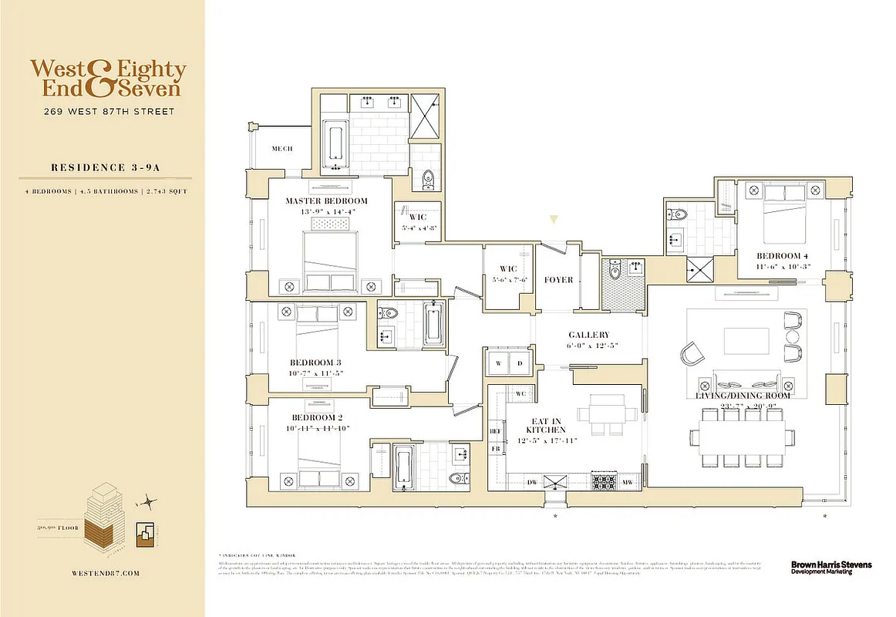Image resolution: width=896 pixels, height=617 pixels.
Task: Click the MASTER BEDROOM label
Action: (x=326, y=201)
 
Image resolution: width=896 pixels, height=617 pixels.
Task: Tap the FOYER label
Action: (x=558, y=279)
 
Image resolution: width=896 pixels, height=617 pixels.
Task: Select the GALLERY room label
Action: (x=588, y=335)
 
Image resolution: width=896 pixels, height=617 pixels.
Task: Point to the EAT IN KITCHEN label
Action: (x=546, y=424)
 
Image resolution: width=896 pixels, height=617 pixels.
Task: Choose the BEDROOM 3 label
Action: (x=315, y=362)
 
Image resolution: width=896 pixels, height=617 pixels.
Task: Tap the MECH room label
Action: (x=282, y=150)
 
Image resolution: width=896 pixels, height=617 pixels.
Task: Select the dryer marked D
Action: (x=520, y=362)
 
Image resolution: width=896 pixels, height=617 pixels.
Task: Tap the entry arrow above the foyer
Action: (x=554, y=221)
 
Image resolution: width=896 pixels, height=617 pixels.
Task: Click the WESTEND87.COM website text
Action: (x=103, y=573)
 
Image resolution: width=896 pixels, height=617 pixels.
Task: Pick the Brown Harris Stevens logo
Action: (x=830, y=567)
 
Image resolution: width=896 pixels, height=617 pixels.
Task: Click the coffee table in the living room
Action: (x=746, y=340)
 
